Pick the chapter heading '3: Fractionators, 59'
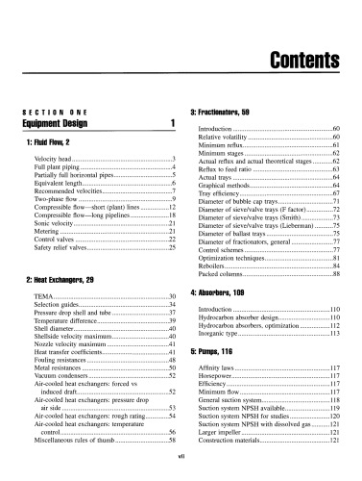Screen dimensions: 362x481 click(x=229, y=112)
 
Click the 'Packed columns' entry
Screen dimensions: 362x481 click(x=224, y=274)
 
